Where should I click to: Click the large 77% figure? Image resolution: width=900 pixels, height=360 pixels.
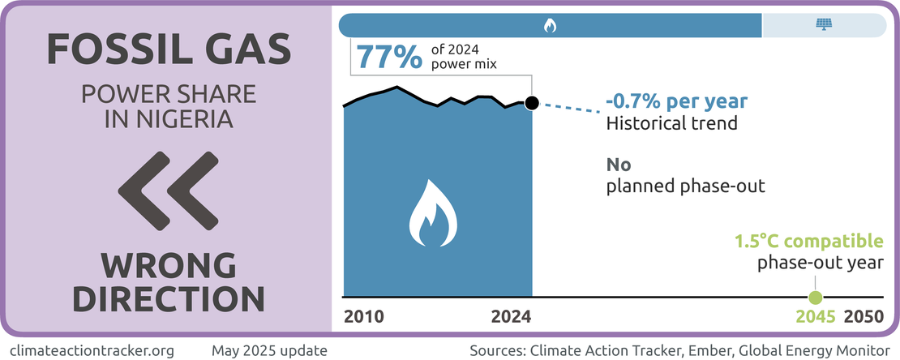click(x=389, y=57)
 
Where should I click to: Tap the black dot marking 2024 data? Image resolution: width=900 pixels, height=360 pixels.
click(x=532, y=103)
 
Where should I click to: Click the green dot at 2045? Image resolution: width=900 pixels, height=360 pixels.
click(x=816, y=297)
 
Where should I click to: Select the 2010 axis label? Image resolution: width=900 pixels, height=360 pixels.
click(x=364, y=316)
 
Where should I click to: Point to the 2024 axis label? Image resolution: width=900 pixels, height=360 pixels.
click(x=512, y=316)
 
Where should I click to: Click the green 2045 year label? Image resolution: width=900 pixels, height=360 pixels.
click(x=816, y=316)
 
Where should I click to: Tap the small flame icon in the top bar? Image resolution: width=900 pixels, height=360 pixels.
click(x=549, y=26)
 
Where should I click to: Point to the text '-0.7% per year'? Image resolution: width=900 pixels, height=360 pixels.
click(x=676, y=103)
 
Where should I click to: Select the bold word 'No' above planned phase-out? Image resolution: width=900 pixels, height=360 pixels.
click(x=619, y=165)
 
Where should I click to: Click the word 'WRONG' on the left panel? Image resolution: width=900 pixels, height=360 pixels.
click(x=169, y=265)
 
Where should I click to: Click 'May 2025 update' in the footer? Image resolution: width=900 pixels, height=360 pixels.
click(x=269, y=350)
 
